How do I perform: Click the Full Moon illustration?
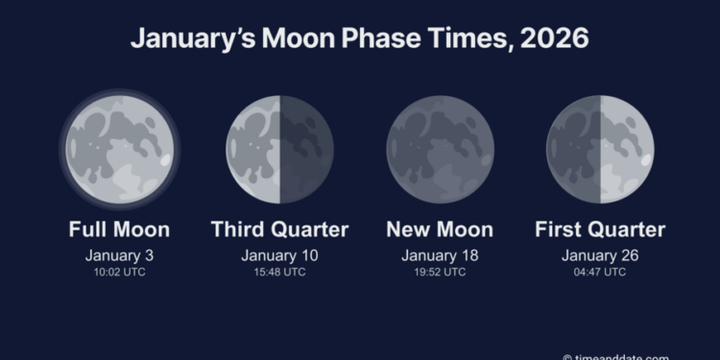click(x=119, y=149)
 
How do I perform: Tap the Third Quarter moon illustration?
click(x=279, y=149)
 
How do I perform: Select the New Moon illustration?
click(x=440, y=149)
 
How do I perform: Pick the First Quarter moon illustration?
click(x=600, y=149)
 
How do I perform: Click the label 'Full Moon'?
click(x=119, y=229)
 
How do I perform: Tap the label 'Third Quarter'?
click(x=279, y=229)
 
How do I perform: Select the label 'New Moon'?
click(x=440, y=229)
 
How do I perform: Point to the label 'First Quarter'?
click(x=600, y=229)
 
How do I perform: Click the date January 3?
click(x=119, y=255)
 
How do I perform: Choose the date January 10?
click(x=279, y=255)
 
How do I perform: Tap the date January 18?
click(x=440, y=255)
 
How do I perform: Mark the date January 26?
click(x=600, y=255)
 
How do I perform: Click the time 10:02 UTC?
click(x=119, y=272)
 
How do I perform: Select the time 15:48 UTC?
click(x=279, y=272)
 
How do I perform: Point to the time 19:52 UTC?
click(x=440, y=272)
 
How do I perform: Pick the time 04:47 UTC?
click(x=600, y=272)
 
